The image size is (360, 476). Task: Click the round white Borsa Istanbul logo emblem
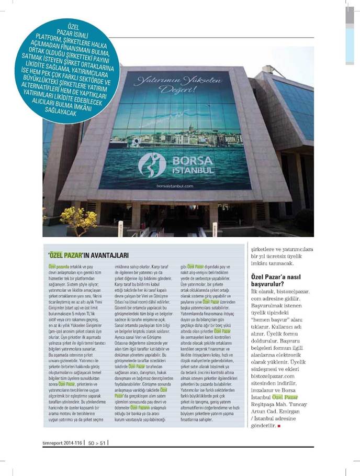tap(152, 164)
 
